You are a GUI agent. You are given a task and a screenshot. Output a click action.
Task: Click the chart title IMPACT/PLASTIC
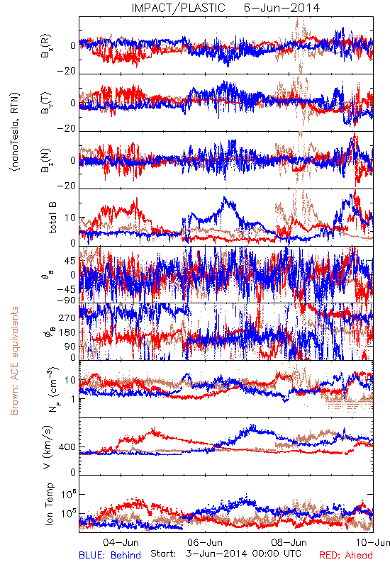coord(178,8)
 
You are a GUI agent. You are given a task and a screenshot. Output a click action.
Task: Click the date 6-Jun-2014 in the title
coord(282,8)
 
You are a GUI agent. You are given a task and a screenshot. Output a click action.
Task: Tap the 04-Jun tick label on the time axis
coord(121,542)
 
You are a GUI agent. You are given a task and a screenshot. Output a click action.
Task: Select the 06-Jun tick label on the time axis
coord(205,542)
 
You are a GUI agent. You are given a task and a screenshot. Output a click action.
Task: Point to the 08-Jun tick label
coord(289,542)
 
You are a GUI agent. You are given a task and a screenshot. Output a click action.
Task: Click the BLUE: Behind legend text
coord(110,555)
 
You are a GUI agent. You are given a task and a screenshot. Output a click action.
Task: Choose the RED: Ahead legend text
coord(345,555)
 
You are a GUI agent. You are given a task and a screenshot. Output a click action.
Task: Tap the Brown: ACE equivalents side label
coord(14,361)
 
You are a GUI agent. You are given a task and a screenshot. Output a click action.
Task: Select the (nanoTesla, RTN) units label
coord(15,131)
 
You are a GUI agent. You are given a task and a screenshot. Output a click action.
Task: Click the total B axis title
coord(52,218)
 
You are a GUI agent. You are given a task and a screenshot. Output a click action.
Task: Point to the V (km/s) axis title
coord(48,448)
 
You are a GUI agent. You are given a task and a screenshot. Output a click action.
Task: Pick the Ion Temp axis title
coord(49,503)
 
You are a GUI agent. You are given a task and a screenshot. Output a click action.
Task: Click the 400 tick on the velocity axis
coord(67,447)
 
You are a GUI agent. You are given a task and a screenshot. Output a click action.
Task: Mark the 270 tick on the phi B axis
coord(67,318)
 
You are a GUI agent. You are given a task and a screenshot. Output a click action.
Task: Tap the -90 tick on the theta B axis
coord(67,300)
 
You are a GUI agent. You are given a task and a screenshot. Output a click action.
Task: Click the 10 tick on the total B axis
coord(70,218)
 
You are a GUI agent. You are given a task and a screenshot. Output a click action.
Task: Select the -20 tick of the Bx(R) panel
coord(67,71)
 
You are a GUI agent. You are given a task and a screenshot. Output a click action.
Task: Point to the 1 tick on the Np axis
coord(73,399)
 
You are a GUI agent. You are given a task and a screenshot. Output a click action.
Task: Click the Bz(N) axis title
coord(46,160)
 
